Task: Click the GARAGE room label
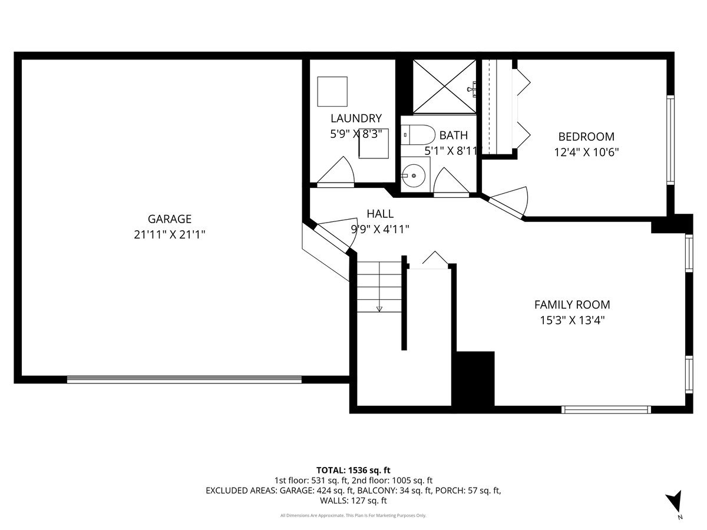(x=170, y=219)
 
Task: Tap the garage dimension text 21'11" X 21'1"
(x=170, y=234)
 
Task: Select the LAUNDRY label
(x=356, y=118)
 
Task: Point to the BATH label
(x=453, y=135)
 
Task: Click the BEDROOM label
(x=586, y=137)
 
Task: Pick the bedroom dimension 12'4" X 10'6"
(x=586, y=152)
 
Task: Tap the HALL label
(x=380, y=214)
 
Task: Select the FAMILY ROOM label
(x=572, y=304)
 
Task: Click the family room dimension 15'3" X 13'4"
(x=572, y=320)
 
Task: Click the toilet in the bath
(x=418, y=135)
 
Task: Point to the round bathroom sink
(x=414, y=175)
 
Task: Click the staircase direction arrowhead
(x=379, y=309)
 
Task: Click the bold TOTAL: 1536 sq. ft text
(x=353, y=470)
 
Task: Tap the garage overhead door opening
(x=184, y=379)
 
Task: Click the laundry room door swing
(x=336, y=172)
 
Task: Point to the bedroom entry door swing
(x=509, y=202)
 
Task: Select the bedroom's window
(x=670, y=140)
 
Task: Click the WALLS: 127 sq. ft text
(x=353, y=501)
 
